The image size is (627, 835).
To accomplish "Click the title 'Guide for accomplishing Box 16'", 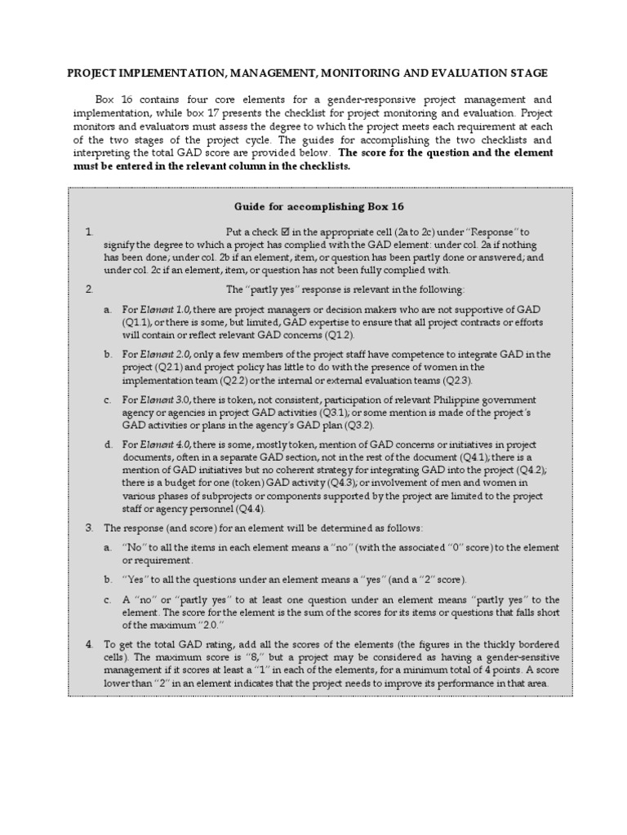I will (x=313, y=206).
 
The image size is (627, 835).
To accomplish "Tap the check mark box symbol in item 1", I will (x=286, y=232).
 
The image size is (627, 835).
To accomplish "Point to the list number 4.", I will (x=89, y=644).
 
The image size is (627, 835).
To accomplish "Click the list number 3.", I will (x=89, y=528).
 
